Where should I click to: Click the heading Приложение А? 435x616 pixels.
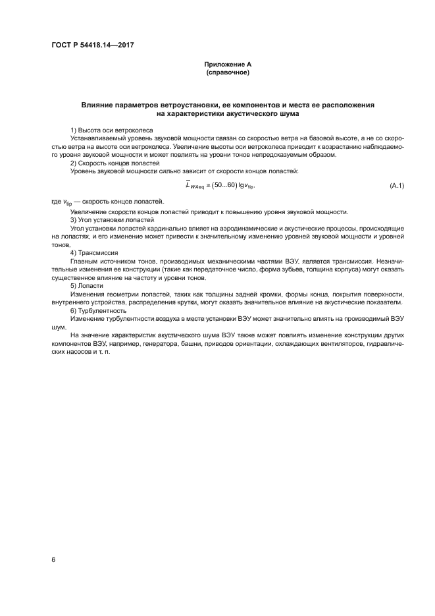pos(227,65)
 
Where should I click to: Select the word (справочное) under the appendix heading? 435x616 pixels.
pos(227,72)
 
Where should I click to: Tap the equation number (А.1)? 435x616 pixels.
pos(397,186)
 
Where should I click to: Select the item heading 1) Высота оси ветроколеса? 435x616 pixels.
pos(111,130)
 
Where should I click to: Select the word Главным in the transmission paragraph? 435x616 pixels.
pos(86,261)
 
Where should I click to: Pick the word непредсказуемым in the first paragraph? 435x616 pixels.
pos(272,154)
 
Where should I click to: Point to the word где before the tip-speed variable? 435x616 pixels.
pos(56,202)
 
